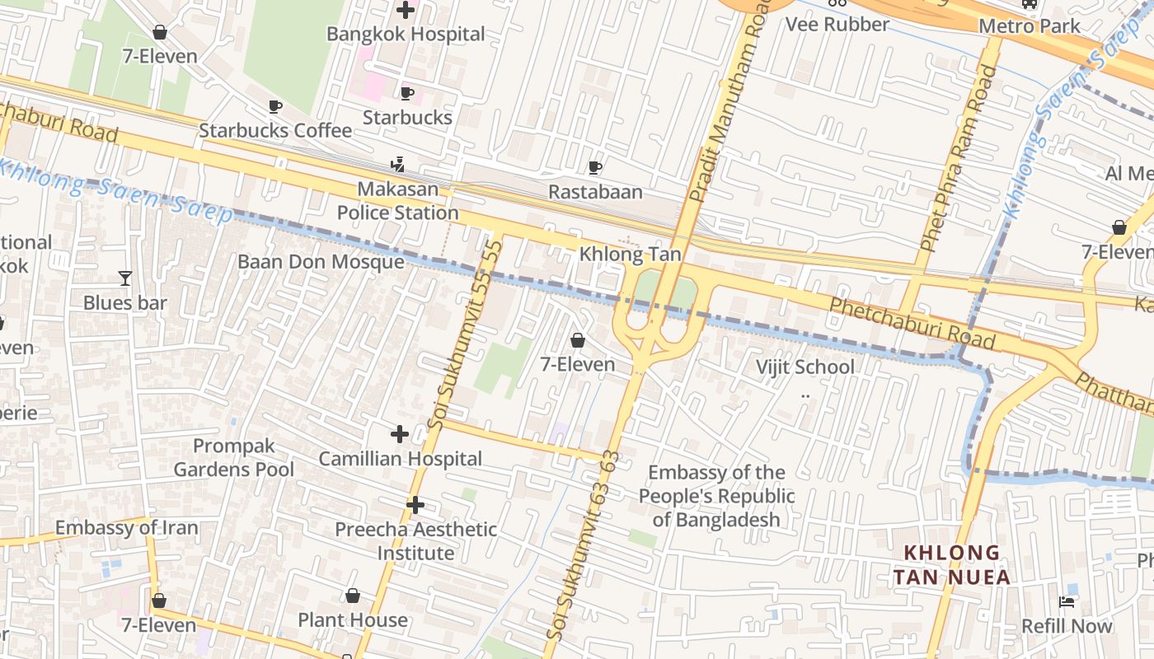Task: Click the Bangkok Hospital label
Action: point(406,35)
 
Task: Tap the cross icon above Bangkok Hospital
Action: point(406,11)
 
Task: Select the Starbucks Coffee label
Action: point(275,130)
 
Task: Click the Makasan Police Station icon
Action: point(398,165)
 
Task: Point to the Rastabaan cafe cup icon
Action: point(595,168)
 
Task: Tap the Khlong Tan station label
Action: point(630,254)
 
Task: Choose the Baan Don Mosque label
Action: point(321,262)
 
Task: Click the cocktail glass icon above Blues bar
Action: point(124,278)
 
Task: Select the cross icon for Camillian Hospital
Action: point(400,434)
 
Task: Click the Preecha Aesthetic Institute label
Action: point(415,541)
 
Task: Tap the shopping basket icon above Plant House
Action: point(353,596)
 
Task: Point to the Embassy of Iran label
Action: point(126,528)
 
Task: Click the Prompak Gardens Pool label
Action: point(233,458)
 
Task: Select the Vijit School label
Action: point(805,367)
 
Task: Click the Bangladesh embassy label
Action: point(716,496)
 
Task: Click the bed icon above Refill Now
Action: point(1067,602)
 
